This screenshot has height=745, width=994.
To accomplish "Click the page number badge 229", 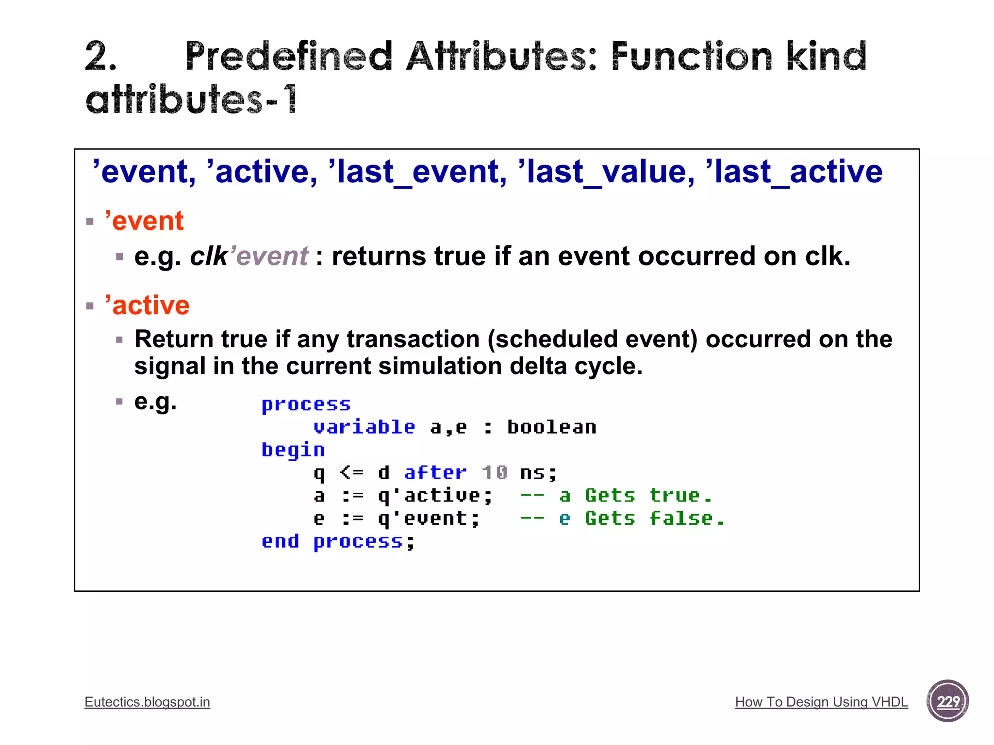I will tap(947, 701).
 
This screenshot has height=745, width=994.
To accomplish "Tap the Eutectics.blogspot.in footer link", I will tap(147, 702).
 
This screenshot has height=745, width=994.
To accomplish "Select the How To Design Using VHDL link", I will tap(821, 702).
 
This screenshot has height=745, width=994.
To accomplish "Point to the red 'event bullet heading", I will tap(144, 221).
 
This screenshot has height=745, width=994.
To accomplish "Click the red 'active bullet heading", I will tap(147, 306).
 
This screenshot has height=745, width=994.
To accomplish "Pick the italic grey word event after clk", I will tap(272, 257).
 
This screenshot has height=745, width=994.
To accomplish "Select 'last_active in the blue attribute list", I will tap(794, 172).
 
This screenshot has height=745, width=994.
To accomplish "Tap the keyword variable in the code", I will tap(364, 427).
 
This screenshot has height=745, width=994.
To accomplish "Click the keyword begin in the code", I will tap(293, 450).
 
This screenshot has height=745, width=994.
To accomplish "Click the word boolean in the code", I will tap(552, 427).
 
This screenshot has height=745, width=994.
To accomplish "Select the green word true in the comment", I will tap(675, 496).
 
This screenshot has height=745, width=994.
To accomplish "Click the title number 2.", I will tap(100, 57).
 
